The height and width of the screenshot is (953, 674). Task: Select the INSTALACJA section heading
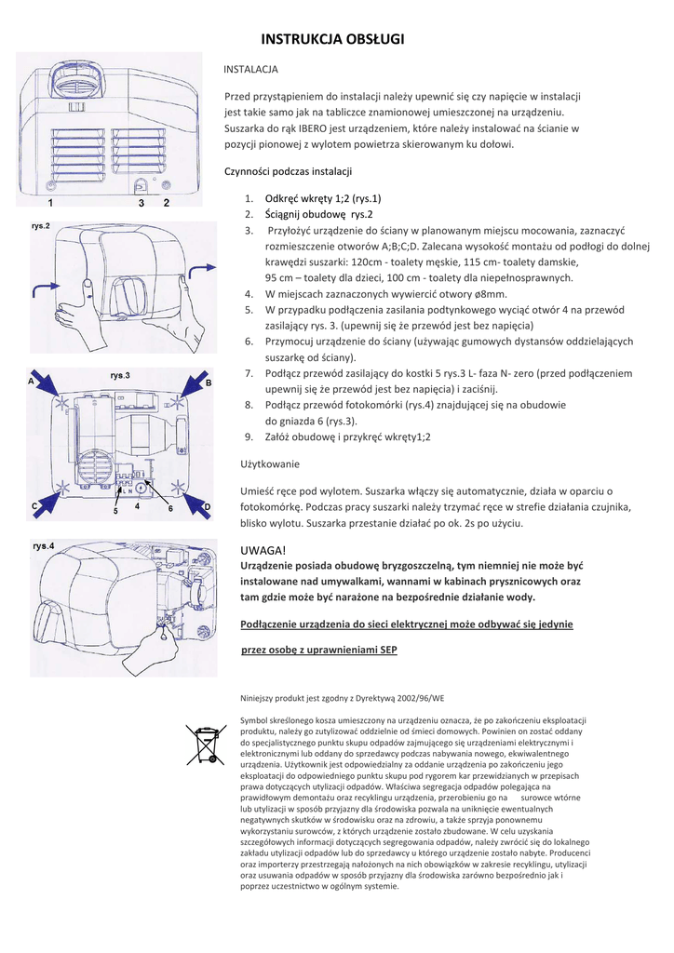coord(251,70)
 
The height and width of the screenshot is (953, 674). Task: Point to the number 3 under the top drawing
coord(142,202)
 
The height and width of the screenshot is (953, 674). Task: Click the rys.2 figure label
coord(41,226)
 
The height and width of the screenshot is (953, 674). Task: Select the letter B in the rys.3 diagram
coord(209,383)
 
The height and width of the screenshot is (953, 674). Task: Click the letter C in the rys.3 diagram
coord(34,505)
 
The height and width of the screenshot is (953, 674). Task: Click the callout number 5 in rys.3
coord(115,512)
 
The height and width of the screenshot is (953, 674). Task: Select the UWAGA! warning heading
coord(262,551)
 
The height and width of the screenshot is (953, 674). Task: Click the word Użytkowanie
coord(270,463)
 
